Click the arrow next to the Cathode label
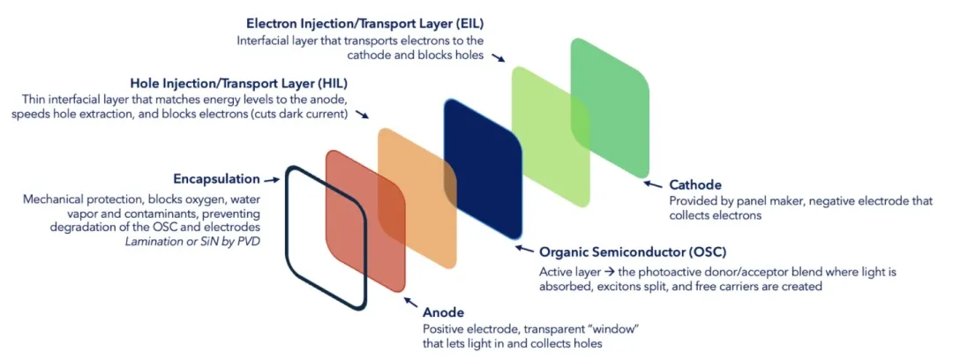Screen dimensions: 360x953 point(653,185)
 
